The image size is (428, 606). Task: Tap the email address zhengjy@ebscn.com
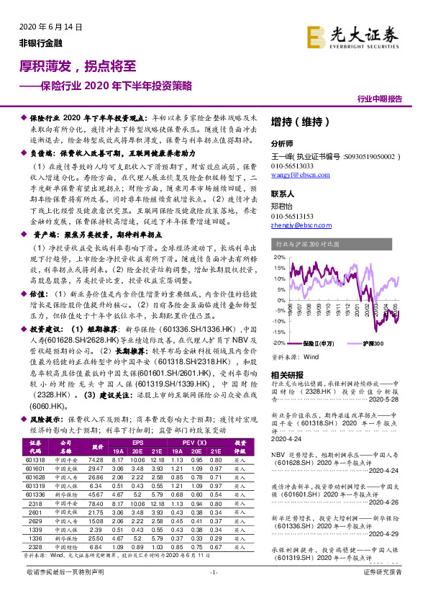pyautogui.click(x=301, y=226)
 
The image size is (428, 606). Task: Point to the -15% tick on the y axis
pyautogui.click(x=277, y=331)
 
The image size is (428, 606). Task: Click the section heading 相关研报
pyautogui.click(x=287, y=374)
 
